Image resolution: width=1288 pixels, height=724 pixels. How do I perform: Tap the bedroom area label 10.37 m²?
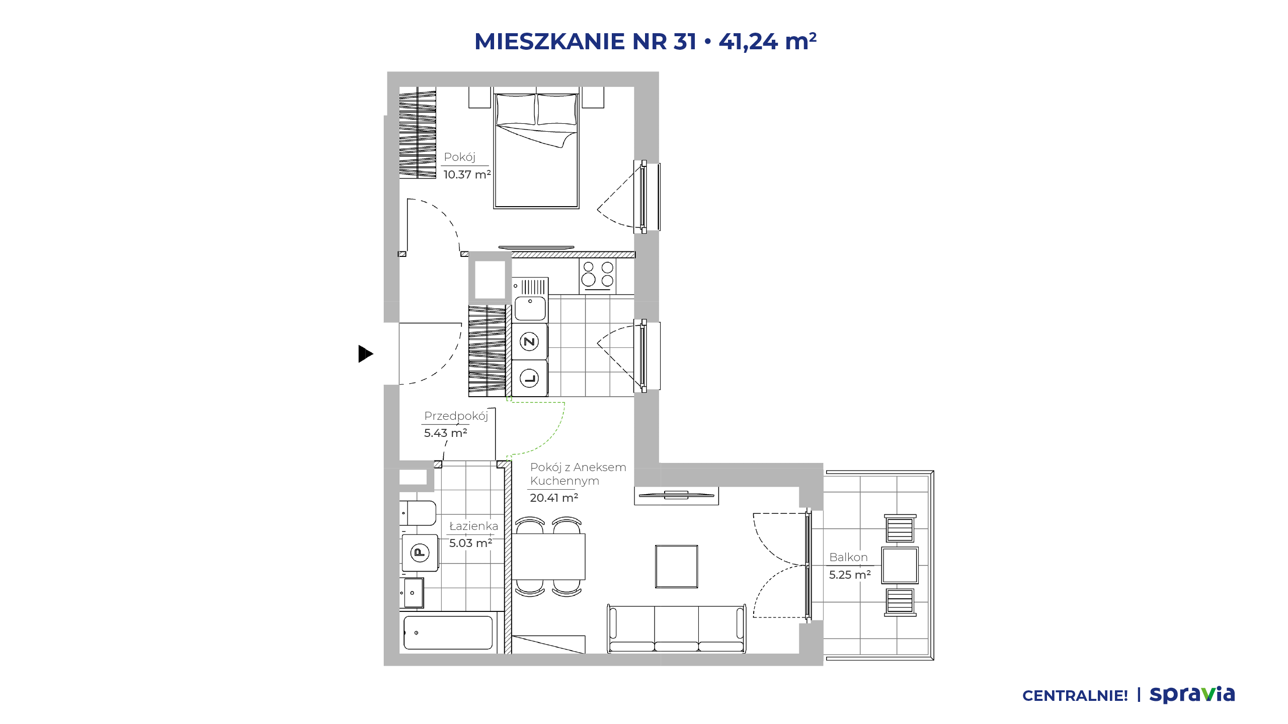coord(467,174)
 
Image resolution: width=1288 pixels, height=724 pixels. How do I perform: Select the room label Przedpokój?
coord(456,416)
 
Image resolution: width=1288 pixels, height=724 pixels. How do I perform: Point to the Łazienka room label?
coord(473,526)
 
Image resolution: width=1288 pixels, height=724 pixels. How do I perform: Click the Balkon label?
coord(848,557)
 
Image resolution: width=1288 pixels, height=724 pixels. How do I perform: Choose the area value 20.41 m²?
coord(554,498)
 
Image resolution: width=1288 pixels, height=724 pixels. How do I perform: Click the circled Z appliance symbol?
coord(529,342)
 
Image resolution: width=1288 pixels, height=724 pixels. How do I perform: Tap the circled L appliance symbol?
coord(529,378)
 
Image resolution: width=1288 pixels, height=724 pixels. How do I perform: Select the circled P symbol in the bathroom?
coord(420,553)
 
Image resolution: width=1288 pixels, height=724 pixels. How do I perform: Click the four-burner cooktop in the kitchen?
coord(598,275)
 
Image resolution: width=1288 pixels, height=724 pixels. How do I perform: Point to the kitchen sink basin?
coord(530,308)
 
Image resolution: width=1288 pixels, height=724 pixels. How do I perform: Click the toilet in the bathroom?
coord(418,513)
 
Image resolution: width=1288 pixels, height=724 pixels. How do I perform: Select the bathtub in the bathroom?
coord(448,632)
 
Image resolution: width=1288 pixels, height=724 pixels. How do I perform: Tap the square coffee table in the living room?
coord(676,567)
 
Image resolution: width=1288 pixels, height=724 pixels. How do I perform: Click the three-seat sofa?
coord(676,629)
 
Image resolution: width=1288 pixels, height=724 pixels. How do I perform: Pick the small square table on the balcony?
coord(900,566)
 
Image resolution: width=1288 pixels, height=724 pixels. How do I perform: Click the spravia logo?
coord(1192,694)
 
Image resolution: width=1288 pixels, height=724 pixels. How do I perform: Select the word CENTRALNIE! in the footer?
coord(1075,696)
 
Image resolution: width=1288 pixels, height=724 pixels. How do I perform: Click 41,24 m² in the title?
coord(767,41)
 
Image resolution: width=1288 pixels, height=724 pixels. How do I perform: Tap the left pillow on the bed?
coord(516,110)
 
